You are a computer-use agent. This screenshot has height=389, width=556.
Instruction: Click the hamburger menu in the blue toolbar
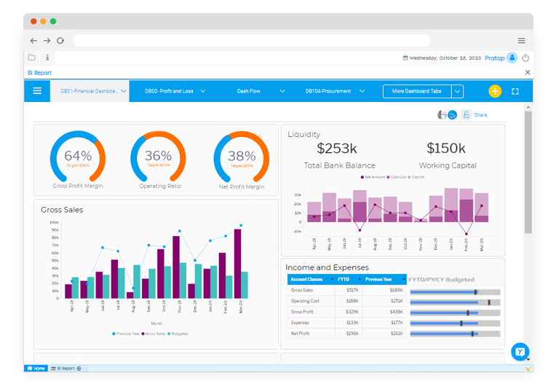pyautogui.click(x=37, y=91)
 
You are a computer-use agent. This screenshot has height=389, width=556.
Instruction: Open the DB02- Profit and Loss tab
pyautogui.click(x=169, y=91)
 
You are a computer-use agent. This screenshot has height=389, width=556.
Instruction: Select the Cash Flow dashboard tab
pyautogui.click(x=248, y=91)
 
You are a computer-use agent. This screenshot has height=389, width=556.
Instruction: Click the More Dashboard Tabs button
pyautogui.click(x=416, y=91)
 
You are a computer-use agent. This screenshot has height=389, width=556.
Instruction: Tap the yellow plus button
pyautogui.click(x=495, y=91)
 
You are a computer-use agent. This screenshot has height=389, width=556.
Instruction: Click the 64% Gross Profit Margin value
pyautogui.click(x=78, y=155)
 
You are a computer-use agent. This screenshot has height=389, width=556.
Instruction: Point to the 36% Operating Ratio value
pyautogui.click(x=158, y=155)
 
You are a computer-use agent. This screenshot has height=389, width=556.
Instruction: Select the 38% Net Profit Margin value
pyautogui.click(x=242, y=155)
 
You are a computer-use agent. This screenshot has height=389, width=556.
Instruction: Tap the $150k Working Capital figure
pyautogui.click(x=446, y=149)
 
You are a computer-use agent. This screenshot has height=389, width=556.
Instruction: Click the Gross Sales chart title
pyautogui.click(x=62, y=210)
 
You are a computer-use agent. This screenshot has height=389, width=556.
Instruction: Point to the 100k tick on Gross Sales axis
pyautogui.click(x=55, y=222)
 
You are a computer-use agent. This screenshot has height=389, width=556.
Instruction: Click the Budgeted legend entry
pyautogui.click(x=178, y=334)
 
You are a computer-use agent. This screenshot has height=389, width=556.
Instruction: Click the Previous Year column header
pyautogui.click(x=379, y=279)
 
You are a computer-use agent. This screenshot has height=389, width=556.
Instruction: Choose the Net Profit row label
pyautogui.click(x=301, y=333)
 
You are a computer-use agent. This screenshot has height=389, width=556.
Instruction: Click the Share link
pyautogui.click(x=480, y=115)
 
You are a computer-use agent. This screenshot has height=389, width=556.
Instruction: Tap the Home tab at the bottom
pyautogui.click(x=36, y=369)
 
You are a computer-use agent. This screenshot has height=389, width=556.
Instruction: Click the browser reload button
pyautogui.click(x=60, y=41)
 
